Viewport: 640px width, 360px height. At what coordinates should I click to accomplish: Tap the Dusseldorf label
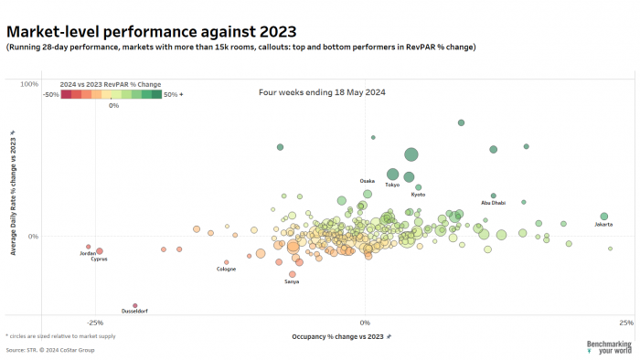tap(134, 312)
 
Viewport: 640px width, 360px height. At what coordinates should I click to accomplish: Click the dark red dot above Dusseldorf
tap(134, 305)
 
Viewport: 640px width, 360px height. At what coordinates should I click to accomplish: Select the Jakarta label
tap(603, 224)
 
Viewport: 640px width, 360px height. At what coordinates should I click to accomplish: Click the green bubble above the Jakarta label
tap(604, 216)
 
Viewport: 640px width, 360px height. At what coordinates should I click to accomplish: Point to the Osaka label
tap(367, 181)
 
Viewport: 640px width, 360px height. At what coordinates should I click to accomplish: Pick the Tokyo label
tap(392, 185)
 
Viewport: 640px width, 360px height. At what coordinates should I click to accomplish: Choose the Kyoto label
tap(418, 194)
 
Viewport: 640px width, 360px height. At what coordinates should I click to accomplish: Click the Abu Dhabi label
tap(493, 203)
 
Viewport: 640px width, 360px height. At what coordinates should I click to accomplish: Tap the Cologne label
tap(226, 269)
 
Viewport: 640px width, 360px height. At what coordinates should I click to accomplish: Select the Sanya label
tap(292, 281)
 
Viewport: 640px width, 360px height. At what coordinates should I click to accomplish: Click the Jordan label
tap(88, 253)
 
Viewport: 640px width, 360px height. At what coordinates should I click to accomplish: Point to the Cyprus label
tap(99, 259)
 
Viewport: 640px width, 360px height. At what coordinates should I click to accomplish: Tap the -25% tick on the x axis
tap(94, 323)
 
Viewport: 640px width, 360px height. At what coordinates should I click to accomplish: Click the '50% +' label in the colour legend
tap(174, 93)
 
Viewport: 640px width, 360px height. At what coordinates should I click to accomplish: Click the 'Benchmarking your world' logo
tap(607, 346)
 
